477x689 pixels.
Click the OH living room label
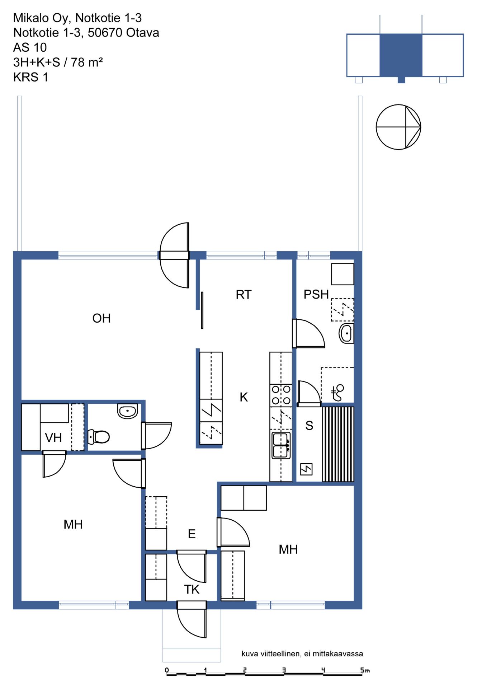pyautogui.click(x=101, y=318)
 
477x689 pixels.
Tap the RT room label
pyautogui.click(x=244, y=295)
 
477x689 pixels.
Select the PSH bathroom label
pyautogui.click(x=316, y=294)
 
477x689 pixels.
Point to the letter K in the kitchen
pyautogui.click(x=244, y=397)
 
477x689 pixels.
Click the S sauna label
pyautogui.click(x=309, y=426)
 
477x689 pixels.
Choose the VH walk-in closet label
pyautogui.click(x=53, y=438)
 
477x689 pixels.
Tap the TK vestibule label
pyautogui.click(x=192, y=589)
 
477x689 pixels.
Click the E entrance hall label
pyautogui.click(x=192, y=534)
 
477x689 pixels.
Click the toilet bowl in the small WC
pyautogui.click(x=99, y=436)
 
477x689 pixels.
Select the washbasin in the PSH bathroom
pyautogui.click(x=346, y=333)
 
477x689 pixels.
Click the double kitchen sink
pyautogui.click(x=281, y=446)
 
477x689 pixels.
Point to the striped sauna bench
pyautogui.click(x=338, y=444)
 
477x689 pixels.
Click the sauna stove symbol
pyautogui.click(x=306, y=469)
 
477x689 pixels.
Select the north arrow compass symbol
pyautogui.click(x=398, y=127)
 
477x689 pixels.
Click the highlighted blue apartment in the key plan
pyautogui.click(x=401, y=55)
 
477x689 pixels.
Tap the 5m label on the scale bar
pyautogui.click(x=365, y=670)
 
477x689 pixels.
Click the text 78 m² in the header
pyautogui.click(x=87, y=62)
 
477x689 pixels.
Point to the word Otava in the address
pyautogui.click(x=143, y=33)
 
